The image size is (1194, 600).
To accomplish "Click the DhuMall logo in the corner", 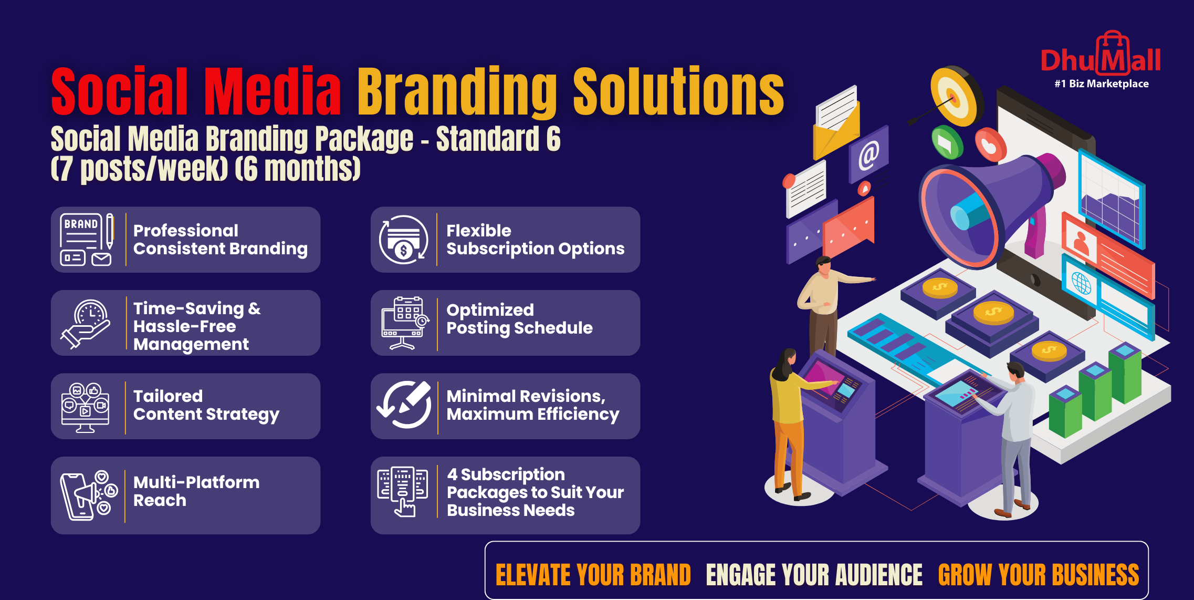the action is click(x=1101, y=59).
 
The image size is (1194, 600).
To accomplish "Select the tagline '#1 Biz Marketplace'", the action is click(x=1102, y=84).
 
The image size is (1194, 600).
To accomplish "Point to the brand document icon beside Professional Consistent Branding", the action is click(x=86, y=240).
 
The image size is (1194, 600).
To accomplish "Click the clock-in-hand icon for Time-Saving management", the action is click(x=86, y=324).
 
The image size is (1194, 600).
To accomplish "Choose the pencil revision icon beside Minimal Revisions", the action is click(x=404, y=405).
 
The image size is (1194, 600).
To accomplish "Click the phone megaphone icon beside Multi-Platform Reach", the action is click(x=88, y=496).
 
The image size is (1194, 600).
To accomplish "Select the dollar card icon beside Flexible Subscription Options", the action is click(x=404, y=240).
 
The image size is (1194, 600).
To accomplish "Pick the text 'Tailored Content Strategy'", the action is click(x=206, y=405).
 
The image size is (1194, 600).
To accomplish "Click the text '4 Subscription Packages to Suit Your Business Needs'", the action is click(x=535, y=492).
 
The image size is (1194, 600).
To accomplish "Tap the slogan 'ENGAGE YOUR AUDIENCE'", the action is click(x=814, y=575).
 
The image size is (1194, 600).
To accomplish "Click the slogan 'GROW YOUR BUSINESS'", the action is click(x=1039, y=575).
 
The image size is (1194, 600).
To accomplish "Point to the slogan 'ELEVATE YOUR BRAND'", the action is click(x=593, y=575).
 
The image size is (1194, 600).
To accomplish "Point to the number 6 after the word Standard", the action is click(x=553, y=139).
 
